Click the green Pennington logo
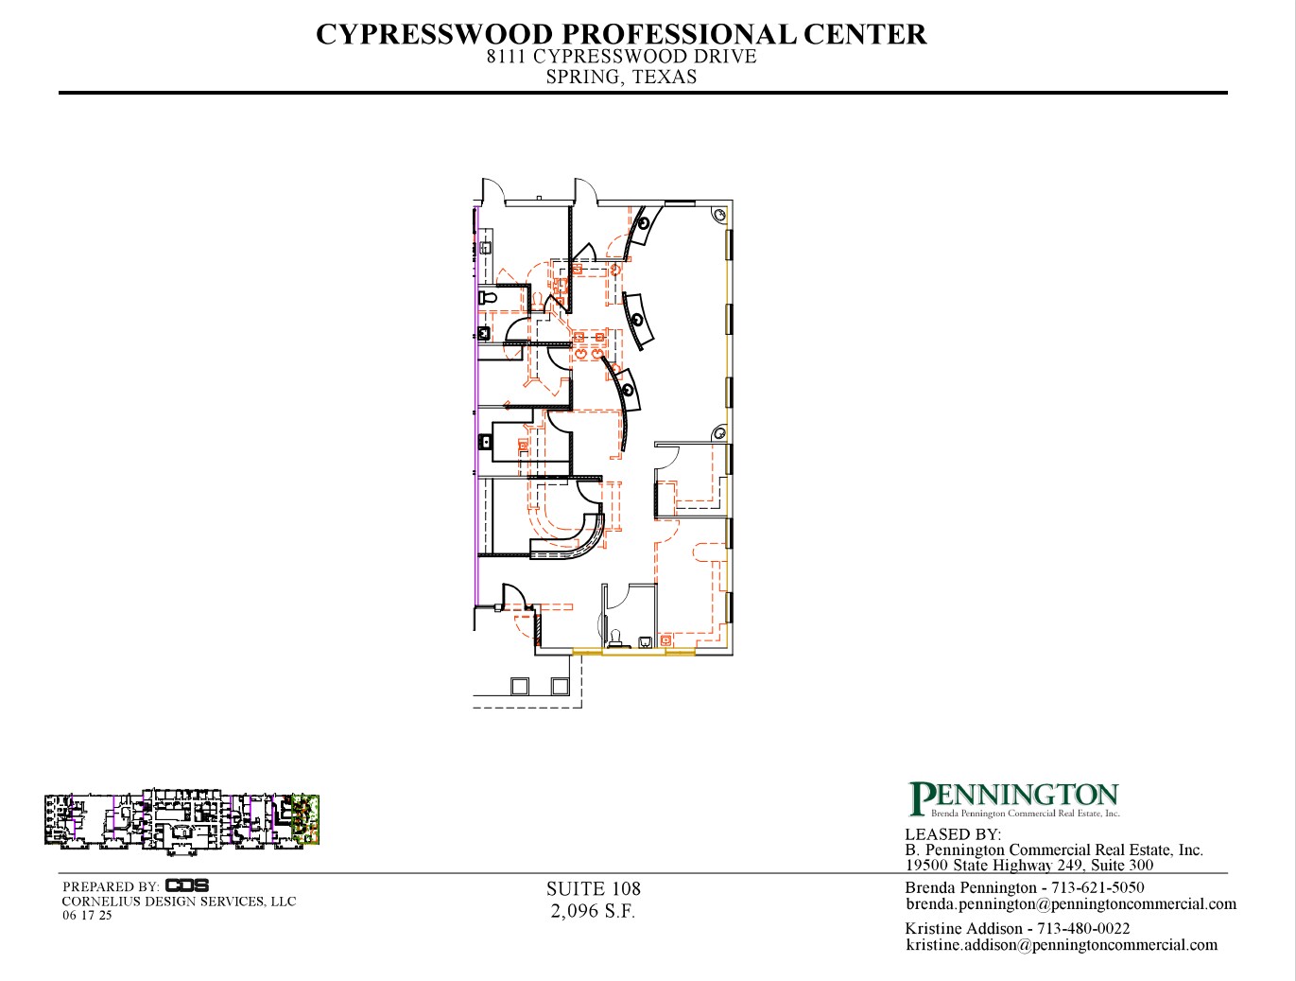click(x=1013, y=799)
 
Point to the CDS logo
click(x=186, y=885)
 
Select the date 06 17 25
click(x=87, y=916)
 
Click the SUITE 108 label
click(x=594, y=889)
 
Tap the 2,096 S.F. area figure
click(x=593, y=911)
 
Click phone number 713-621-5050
click(x=1097, y=887)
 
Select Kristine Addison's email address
click(x=1062, y=945)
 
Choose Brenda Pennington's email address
click(x=1071, y=904)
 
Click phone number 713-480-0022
click(x=1083, y=928)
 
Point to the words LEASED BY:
click(x=953, y=834)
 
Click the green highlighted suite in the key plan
click(x=306, y=819)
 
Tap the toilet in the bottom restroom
click(x=615, y=638)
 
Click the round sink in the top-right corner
click(x=719, y=215)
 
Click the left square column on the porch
click(x=520, y=686)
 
